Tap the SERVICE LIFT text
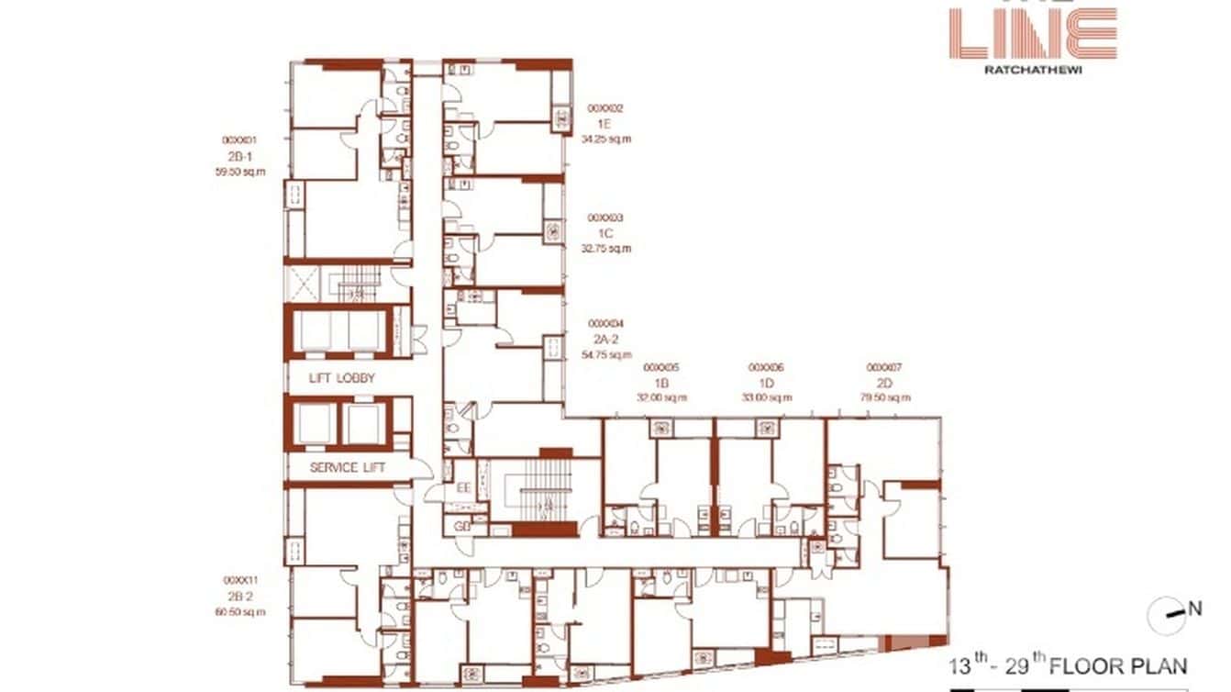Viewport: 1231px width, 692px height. click(x=347, y=467)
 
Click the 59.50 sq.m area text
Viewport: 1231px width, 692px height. click(x=240, y=171)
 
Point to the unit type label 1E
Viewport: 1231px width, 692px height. click(x=604, y=123)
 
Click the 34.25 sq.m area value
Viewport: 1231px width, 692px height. click(x=606, y=139)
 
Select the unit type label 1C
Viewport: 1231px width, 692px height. click(x=604, y=233)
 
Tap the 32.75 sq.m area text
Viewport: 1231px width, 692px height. click(x=606, y=248)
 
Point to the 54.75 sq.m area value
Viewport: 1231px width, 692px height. click(x=606, y=354)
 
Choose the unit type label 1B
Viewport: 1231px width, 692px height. click(x=662, y=382)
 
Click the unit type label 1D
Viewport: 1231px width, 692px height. click(x=767, y=382)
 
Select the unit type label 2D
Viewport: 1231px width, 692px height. click(x=885, y=382)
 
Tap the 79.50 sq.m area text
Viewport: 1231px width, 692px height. click(x=886, y=397)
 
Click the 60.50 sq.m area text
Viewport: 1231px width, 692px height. click(x=240, y=611)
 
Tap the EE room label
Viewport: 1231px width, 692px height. click(x=463, y=488)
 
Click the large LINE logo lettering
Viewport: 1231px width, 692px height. click(x=1033, y=33)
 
